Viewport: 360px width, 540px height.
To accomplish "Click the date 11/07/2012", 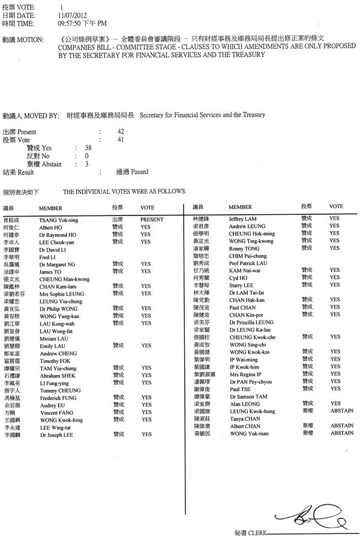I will click(71, 13).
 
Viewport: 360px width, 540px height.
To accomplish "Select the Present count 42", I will click(121, 131).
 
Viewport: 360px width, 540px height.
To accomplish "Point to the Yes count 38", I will click(88, 148).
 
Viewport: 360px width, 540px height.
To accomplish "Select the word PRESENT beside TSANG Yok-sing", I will click(152, 220).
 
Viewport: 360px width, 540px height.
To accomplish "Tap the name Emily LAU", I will click(52, 346).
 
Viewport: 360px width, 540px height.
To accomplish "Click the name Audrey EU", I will click(52, 405).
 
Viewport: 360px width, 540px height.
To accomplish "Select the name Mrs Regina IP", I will click(245, 373).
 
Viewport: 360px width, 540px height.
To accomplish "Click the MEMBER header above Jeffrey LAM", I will click(240, 206).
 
